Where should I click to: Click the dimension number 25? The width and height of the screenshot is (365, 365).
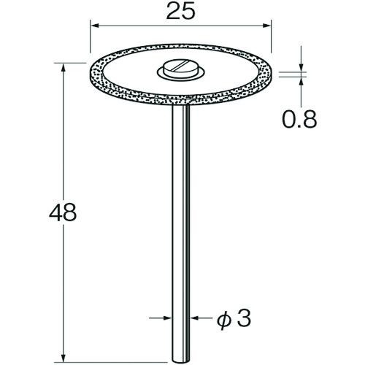click(x=180, y=12)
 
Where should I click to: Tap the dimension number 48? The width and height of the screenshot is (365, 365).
click(x=63, y=212)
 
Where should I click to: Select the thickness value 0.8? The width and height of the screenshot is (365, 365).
click(x=299, y=119)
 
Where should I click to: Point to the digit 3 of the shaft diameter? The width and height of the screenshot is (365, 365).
click(x=244, y=318)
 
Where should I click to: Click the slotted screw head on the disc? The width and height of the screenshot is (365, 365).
click(x=180, y=68)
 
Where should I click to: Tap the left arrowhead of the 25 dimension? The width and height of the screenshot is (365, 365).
click(x=94, y=26)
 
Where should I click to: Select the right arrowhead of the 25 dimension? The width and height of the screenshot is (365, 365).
click(x=266, y=26)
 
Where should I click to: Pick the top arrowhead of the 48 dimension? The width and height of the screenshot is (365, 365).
click(x=64, y=67)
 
